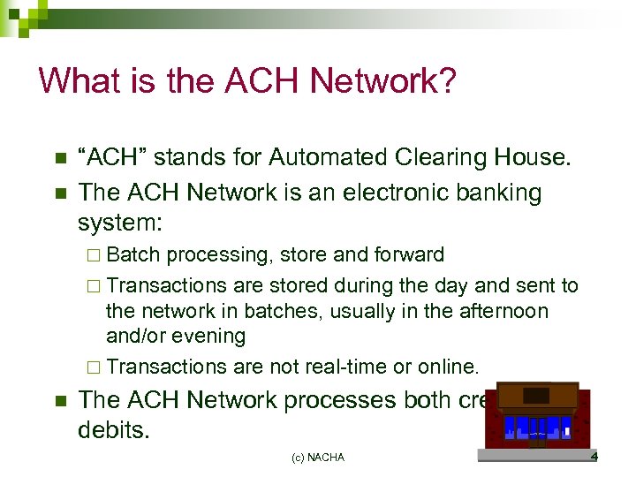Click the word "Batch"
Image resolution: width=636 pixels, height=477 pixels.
pos(133,255)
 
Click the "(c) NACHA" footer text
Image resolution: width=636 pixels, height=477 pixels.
pos(318,458)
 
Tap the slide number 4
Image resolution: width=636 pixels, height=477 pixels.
pos(594,457)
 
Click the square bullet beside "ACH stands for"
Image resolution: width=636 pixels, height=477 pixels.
pos(59,159)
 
